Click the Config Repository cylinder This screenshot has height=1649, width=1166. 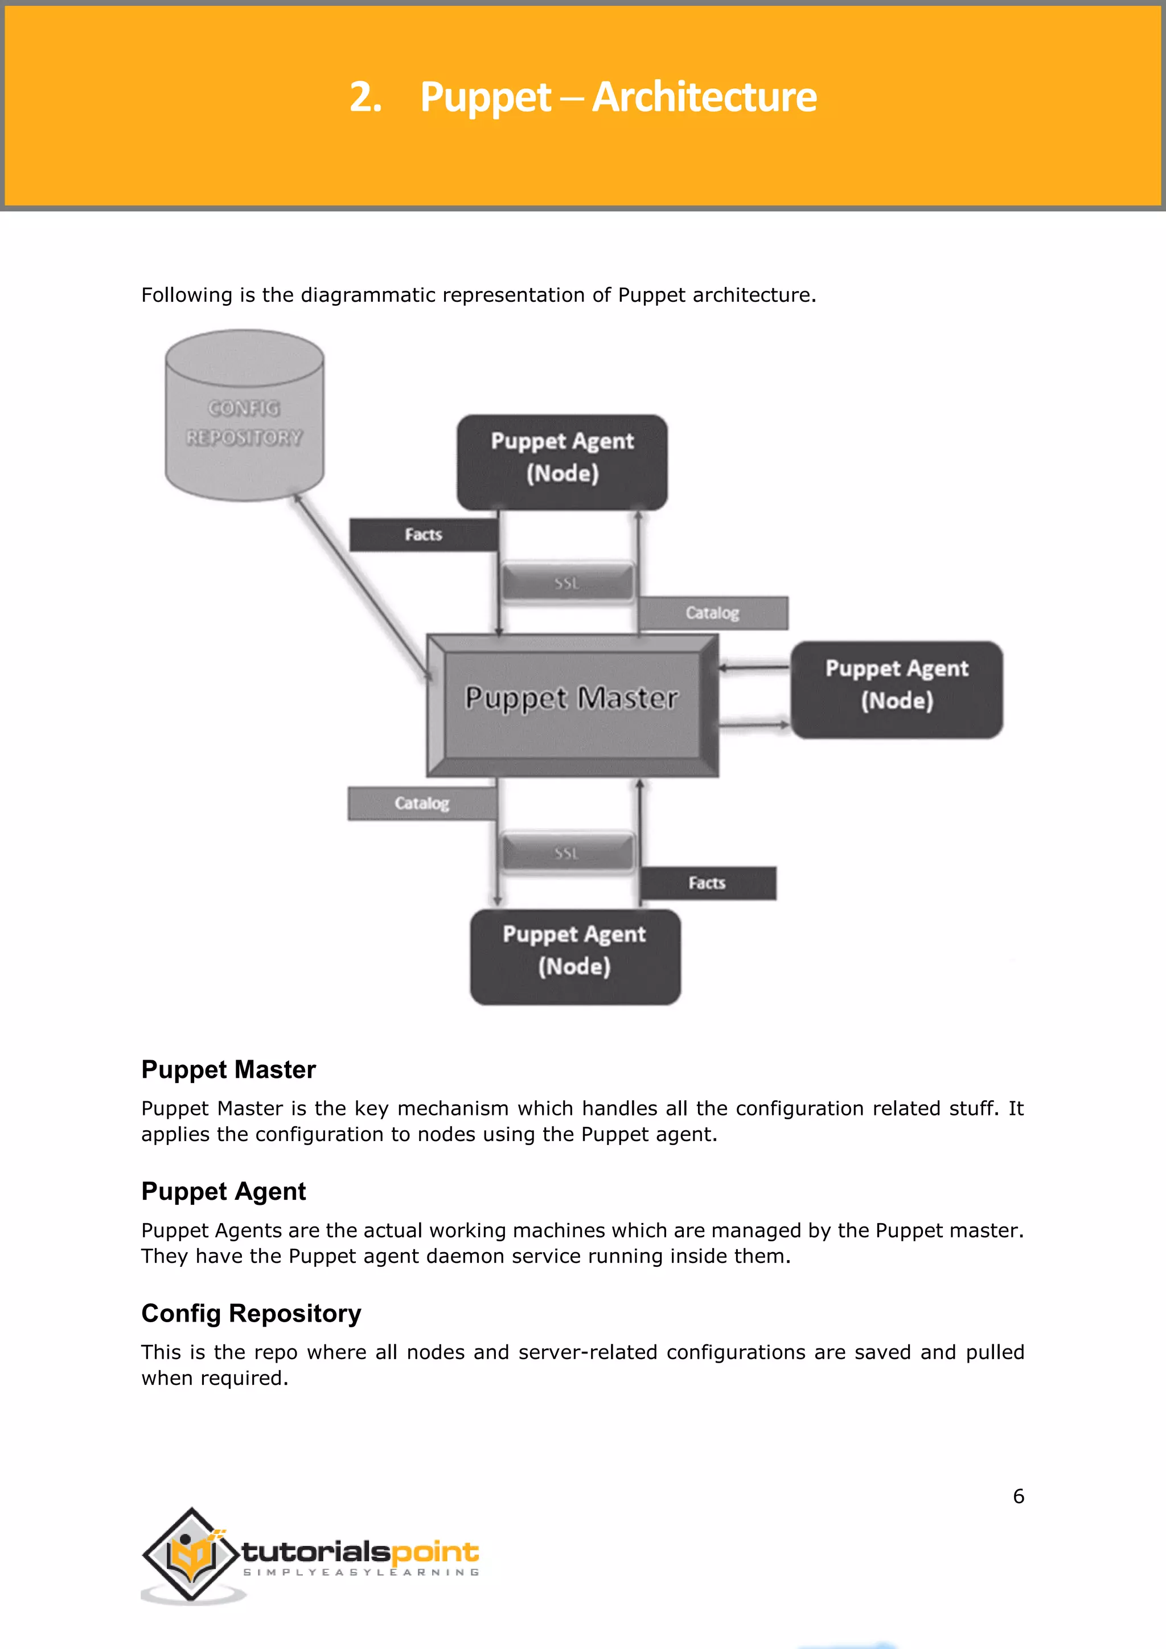[244, 417]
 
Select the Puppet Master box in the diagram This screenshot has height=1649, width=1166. [572, 704]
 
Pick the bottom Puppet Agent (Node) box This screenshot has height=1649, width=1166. [574, 956]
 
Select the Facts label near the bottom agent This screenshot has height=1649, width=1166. [707, 883]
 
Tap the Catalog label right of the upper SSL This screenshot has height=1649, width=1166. [712, 613]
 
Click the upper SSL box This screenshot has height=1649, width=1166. [567, 583]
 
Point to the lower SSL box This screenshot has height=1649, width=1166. [566, 853]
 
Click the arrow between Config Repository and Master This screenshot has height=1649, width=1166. [363, 585]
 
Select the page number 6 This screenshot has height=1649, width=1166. [1018, 1496]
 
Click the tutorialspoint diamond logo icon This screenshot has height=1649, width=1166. [191, 1553]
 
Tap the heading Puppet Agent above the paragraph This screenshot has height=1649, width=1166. [223, 1192]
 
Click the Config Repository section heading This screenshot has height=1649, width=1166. [251, 1314]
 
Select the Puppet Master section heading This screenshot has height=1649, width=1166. [228, 1070]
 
